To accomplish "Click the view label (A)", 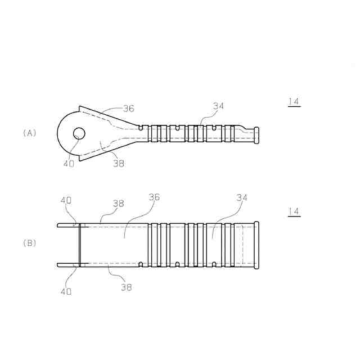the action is tap(29, 133).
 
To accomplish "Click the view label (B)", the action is tap(29, 244).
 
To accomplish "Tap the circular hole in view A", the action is tap(78, 133).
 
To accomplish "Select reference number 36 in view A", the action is tap(129, 108).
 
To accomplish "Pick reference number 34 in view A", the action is tap(218, 105).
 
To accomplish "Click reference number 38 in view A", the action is tap(118, 163).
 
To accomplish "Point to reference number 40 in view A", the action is tap(69, 163).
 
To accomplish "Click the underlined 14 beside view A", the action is tap(293, 102).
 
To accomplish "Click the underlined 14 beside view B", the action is tap(293, 211).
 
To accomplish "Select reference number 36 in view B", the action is tap(154, 197).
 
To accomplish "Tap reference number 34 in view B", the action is tap(242, 197).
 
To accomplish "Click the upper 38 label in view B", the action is tap(118, 204).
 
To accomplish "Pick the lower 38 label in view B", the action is tap(127, 286).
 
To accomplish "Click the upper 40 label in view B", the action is tap(66, 200).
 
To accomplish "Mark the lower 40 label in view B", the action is tap(66, 291).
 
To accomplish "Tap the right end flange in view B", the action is tap(257, 245).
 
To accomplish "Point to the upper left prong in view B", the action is tap(67, 225).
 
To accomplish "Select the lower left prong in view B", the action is tap(67, 264).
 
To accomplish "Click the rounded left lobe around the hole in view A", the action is tap(64, 133).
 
